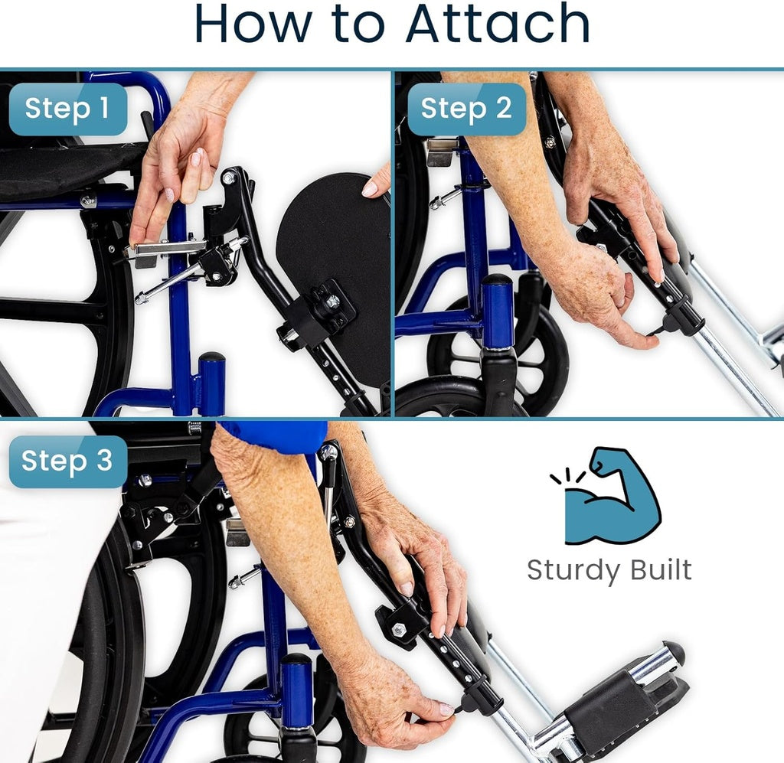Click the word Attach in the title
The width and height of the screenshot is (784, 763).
tap(498, 24)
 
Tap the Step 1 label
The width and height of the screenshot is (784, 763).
tap(67, 108)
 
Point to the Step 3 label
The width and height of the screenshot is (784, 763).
tap(67, 461)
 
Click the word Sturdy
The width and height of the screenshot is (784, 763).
tap(573, 571)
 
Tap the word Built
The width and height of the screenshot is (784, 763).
tap(658, 570)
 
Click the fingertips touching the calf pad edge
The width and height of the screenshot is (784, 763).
tap(376, 185)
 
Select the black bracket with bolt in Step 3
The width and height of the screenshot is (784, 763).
tap(398, 624)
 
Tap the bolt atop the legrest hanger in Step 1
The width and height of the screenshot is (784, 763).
tap(229, 178)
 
